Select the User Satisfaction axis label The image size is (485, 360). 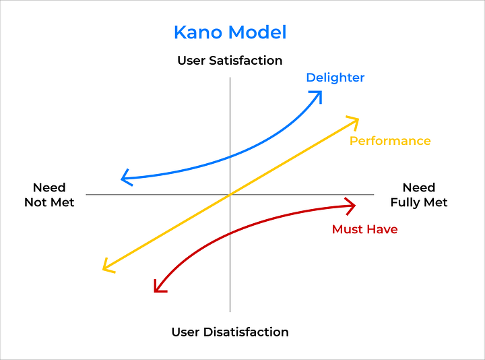pyautogui.click(x=230, y=61)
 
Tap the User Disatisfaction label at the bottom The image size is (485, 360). pyautogui.click(x=230, y=332)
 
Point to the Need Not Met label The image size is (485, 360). pyautogui.click(x=49, y=195)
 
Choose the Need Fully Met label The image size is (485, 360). pyautogui.click(x=418, y=195)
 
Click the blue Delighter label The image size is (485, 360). pyautogui.click(x=335, y=78)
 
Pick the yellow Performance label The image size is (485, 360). pyautogui.click(x=390, y=141)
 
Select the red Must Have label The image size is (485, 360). pyautogui.click(x=364, y=229)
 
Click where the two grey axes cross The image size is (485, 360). pyautogui.click(x=230, y=195)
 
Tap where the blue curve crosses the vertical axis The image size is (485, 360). pyautogui.click(x=230, y=156)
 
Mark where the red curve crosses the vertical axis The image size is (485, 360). pyautogui.click(x=230, y=234)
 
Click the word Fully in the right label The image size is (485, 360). pyautogui.click(x=406, y=202)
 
